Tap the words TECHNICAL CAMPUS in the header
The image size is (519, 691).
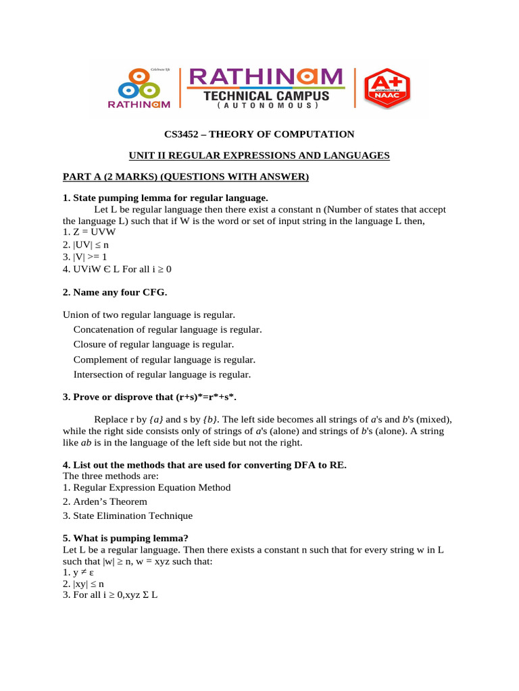[x=267, y=96]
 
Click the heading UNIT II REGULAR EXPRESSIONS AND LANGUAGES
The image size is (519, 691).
[x=259, y=156]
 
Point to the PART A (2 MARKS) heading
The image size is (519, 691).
[x=185, y=177]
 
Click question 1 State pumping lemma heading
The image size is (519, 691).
[x=166, y=198]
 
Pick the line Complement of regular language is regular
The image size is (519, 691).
[x=164, y=360]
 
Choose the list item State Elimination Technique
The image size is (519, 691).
[x=128, y=516]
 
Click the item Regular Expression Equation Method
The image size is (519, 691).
[x=147, y=487]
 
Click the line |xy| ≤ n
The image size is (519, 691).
[x=84, y=584]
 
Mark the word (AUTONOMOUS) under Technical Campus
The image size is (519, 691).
[x=267, y=107]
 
